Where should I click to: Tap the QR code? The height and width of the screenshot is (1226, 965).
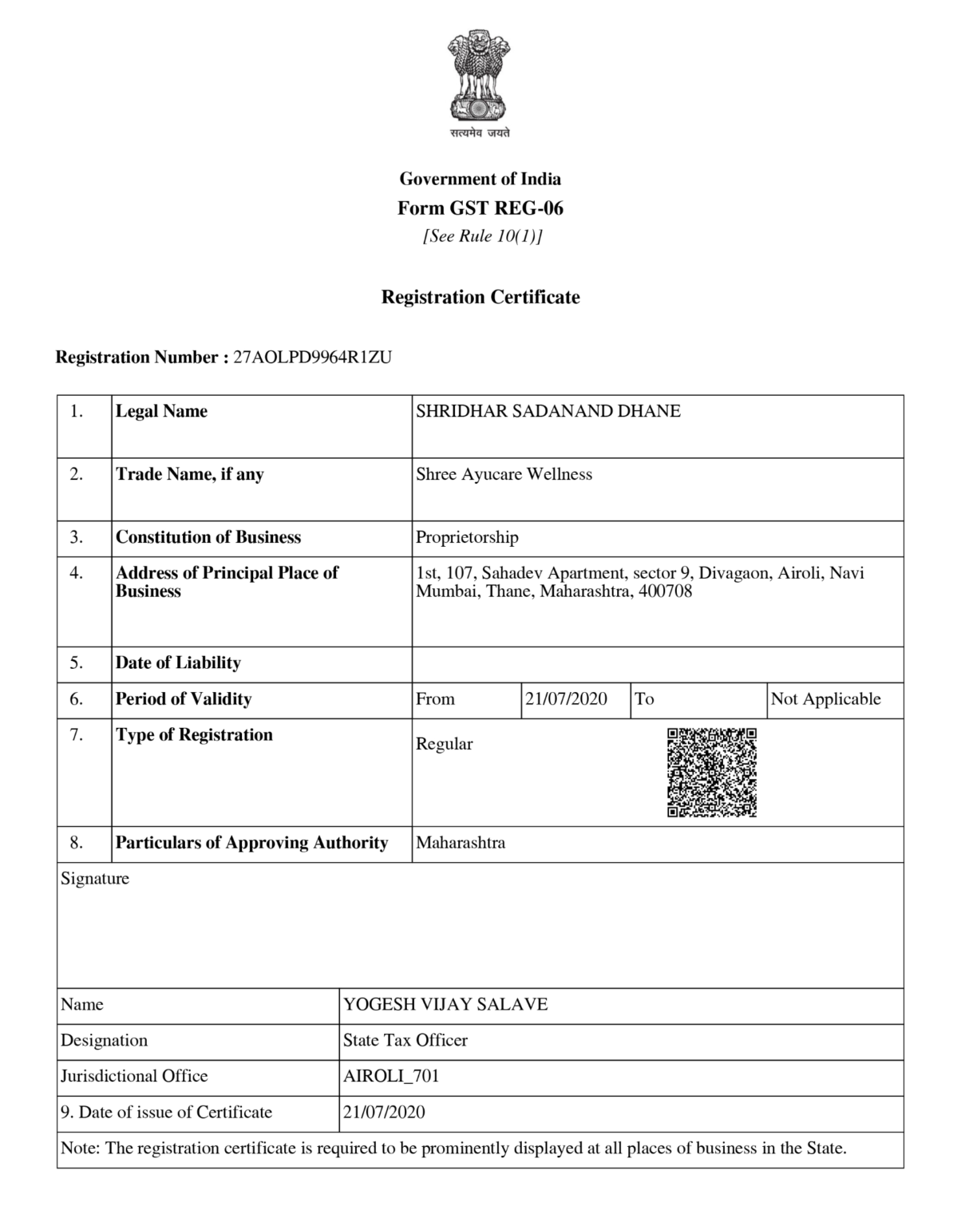pyautogui.click(x=711, y=772)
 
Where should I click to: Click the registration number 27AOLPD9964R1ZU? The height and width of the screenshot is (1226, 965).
pyautogui.click(x=312, y=357)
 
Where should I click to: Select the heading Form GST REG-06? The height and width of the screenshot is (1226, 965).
pyautogui.click(x=481, y=208)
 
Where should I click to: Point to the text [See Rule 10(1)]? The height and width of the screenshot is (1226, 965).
pyautogui.click(x=482, y=236)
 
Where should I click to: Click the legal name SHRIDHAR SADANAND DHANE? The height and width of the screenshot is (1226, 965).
pyautogui.click(x=548, y=411)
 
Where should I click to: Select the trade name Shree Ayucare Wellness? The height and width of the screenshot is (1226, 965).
pyautogui.click(x=504, y=474)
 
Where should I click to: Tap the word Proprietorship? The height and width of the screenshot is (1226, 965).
pyautogui.click(x=467, y=537)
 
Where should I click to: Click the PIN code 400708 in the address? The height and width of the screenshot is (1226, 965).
pyautogui.click(x=666, y=591)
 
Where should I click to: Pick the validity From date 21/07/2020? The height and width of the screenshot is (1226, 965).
pyautogui.click(x=566, y=699)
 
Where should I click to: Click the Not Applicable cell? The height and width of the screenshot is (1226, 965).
pyautogui.click(x=825, y=699)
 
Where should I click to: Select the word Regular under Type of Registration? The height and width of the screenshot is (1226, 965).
pyautogui.click(x=444, y=744)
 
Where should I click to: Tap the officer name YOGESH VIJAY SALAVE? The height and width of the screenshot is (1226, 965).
pyautogui.click(x=445, y=1004)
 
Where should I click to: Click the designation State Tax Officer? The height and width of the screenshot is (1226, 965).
pyautogui.click(x=405, y=1040)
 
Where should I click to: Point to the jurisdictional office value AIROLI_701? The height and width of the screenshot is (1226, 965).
pyautogui.click(x=391, y=1076)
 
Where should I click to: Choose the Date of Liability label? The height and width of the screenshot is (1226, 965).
pyautogui.click(x=178, y=662)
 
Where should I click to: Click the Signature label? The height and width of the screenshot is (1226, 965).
pyautogui.click(x=95, y=879)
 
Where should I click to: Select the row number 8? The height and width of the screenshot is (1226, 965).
pyautogui.click(x=77, y=843)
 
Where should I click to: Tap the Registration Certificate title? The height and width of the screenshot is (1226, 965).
pyautogui.click(x=481, y=297)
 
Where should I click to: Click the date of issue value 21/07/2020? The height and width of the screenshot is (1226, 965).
pyautogui.click(x=384, y=1112)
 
